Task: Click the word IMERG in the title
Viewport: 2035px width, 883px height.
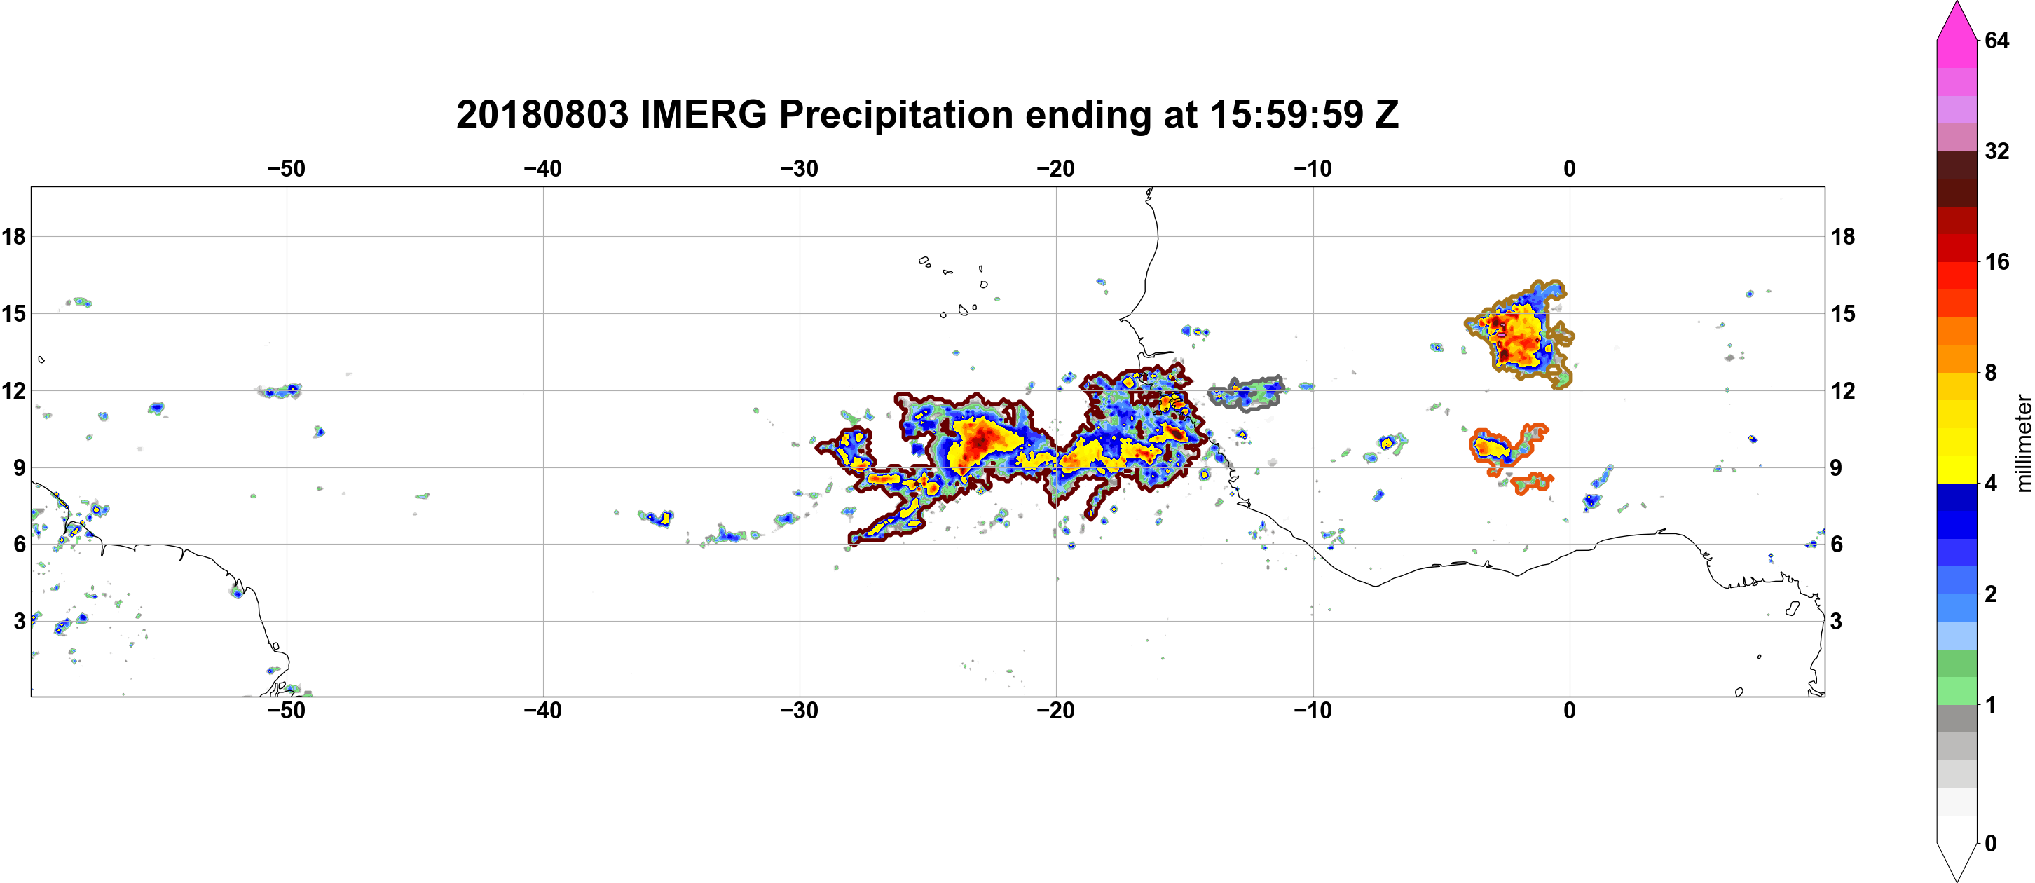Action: pos(703,116)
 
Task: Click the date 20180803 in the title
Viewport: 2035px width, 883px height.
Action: pos(542,116)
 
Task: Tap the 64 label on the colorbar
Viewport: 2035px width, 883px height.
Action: pos(1997,40)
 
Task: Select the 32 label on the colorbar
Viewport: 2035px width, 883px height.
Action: pos(1997,151)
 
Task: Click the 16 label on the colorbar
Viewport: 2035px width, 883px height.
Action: pos(1997,261)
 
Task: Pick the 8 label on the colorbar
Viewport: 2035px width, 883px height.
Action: pos(1991,372)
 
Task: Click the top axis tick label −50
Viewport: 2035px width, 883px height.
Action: pos(286,169)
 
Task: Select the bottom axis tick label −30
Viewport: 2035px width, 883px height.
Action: pos(800,711)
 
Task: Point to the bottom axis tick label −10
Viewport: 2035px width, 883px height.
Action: pos(1313,711)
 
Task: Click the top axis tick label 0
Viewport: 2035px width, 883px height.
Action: pos(1570,169)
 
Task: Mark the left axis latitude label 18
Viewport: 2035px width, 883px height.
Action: pos(13,236)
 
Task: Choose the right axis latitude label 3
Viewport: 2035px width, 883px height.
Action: pos(1837,622)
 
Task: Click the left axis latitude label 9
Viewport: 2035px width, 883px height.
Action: pos(19,467)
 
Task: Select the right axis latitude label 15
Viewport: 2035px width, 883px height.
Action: pos(1843,313)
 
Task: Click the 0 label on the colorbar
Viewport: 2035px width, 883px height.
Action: pos(1991,844)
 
